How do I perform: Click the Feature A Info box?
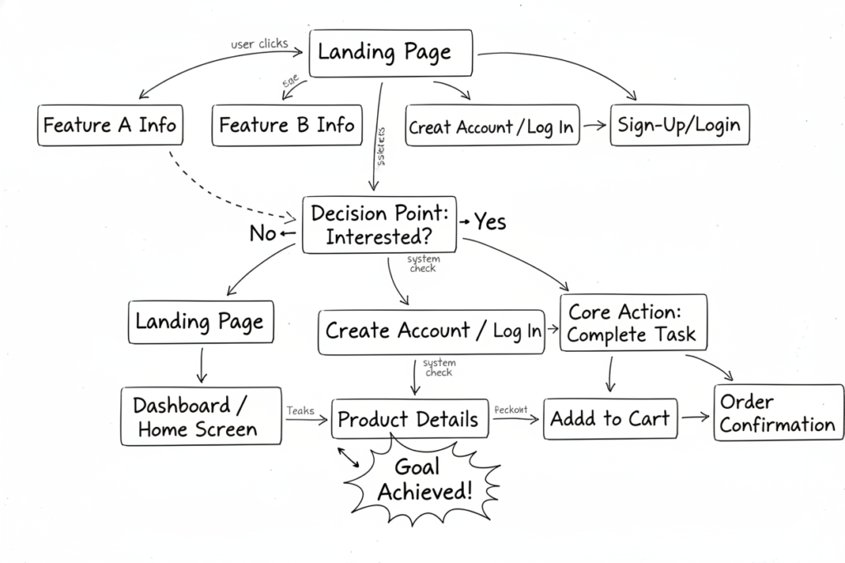pyautogui.click(x=110, y=125)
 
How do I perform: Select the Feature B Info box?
pyautogui.click(x=286, y=125)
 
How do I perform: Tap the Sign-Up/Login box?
pyautogui.click(x=680, y=125)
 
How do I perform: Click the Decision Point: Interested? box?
pyautogui.click(x=380, y=224)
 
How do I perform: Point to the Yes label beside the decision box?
pyautogui.click(x=489, y=223)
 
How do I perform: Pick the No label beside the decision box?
pyautogui.click(x=263, y=234)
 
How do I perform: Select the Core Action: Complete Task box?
pyautogui.click(x=634, y=323)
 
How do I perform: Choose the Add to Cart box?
pyautogui.click(x=610, y=419)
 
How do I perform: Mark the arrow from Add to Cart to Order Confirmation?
pyautogui.click(x=695, y=417)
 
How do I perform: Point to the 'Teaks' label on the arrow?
pyautogui.click(x=301, y=410)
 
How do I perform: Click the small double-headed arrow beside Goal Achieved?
pyautogui.click(x=348, y=457)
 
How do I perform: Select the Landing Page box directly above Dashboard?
pyautogui.click(x=200, y=321)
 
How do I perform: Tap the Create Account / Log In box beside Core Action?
pyautogui.click(x=431, y=331)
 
